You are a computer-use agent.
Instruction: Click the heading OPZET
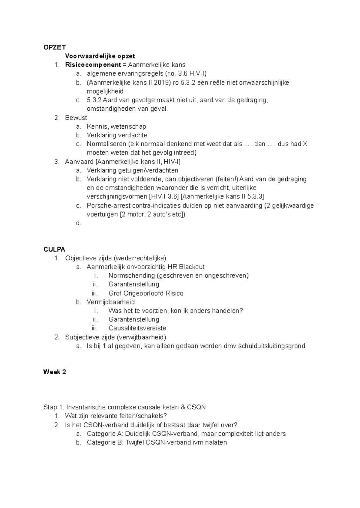tap(54, 47)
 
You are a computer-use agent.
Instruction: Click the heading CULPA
tap(54, 249)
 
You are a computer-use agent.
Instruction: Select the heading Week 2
tap(55, 372)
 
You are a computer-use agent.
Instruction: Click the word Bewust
tap(76, 118)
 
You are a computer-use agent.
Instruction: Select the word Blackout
tap(192, 267)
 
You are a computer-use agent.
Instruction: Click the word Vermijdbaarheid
tap(111, 302)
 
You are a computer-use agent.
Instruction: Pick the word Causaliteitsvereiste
tap(137, 328)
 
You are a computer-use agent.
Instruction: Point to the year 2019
tap(162, 82)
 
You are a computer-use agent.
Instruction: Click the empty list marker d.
tap(79, 223)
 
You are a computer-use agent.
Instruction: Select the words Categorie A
tap(105, 434)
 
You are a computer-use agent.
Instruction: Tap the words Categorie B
tap(105, 443)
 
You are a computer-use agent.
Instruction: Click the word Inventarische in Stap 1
tap(85, 407)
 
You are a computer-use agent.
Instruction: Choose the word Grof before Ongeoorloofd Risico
tap(115, 293)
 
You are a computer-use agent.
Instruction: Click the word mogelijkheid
tap(105, 91)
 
